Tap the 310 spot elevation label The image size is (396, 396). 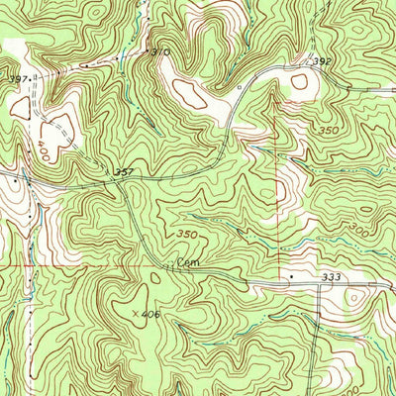point(160,49)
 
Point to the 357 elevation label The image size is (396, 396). point(124,171)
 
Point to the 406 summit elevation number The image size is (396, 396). point(148,314)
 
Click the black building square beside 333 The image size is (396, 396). point(291,275)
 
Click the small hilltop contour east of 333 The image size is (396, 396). point(353,296)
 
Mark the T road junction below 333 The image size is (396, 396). point(319,284)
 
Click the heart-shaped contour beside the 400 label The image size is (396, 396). point(57,126)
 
